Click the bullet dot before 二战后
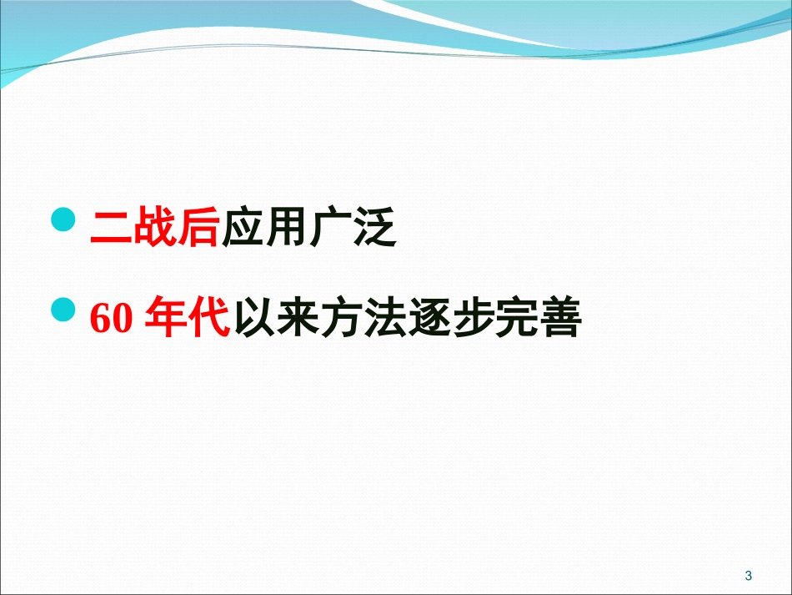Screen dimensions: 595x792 point(63,221)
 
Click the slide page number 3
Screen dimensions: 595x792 point(748,575)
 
